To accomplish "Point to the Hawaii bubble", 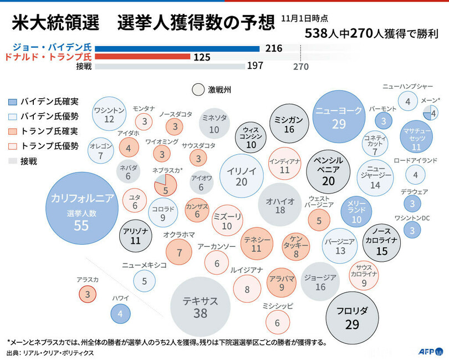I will [120, 314].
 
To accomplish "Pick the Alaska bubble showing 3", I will [87, 293].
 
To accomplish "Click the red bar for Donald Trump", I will [146, 57].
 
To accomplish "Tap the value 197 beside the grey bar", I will [254, 67].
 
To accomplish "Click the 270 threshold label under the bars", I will [300, 67].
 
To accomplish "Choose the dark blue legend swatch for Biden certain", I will [13, 102].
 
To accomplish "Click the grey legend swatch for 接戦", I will [13, 161].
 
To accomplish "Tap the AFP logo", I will [430, 351].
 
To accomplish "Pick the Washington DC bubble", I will [412, 229].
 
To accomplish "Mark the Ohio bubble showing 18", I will [280, 205].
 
